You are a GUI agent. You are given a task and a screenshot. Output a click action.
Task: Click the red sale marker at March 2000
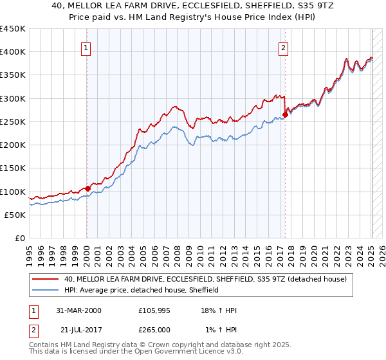[88, 189]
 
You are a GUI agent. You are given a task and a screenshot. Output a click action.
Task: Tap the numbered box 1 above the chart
[86, 46]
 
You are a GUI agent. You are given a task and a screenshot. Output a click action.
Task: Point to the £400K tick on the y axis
[13, 52]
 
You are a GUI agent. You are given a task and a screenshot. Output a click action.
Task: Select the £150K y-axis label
[13, 168]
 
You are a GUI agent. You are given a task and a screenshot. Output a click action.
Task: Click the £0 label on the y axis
[19, 238]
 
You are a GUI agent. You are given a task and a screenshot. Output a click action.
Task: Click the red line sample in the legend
[46, 279]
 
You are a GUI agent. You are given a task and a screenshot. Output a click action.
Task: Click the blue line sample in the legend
[46, 290]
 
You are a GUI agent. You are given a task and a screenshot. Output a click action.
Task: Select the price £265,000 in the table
[154, 329]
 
